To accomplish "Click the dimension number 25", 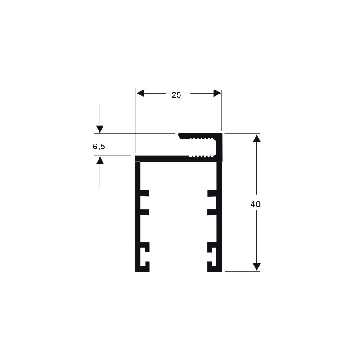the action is [x=176, y=95].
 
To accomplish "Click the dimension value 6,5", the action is [x=99, y=147].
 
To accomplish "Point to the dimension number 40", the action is [x=255, y=204].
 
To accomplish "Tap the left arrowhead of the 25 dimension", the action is [x=140, y=93].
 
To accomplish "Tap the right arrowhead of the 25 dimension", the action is [x=217, y=93].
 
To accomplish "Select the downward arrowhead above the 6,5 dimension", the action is [x=100, y=129].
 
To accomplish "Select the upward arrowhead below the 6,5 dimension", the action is [x=100, y=160].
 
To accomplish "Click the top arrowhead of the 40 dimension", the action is [x=256, y=138].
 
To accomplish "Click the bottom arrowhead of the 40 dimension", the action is [x=256, y=267].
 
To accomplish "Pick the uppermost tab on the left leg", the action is [x=144, y=193].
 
